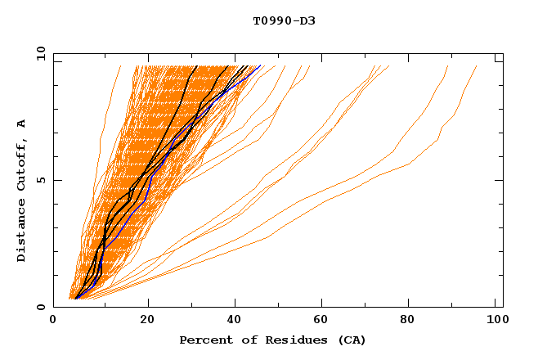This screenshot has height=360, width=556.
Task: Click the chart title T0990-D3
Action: pos(284,20)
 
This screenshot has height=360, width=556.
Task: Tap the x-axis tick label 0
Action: pos(53,322)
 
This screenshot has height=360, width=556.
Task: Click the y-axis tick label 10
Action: pos(39,53)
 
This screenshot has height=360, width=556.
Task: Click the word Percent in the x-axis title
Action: pos(202,340)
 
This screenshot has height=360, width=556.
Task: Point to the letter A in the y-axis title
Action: pos(22,123)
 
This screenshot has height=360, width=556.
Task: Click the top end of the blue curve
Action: pos(261,66)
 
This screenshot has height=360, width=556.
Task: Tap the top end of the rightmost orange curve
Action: pos(477,66)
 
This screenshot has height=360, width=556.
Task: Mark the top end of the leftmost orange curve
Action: pos(120,66)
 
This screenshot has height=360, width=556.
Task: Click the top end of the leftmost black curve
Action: pos(197,66)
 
